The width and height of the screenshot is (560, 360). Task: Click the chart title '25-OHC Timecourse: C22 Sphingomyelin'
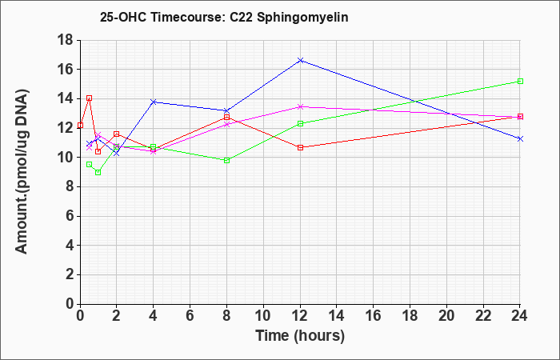tap(224, 17)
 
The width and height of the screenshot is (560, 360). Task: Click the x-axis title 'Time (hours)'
tap(300, 336)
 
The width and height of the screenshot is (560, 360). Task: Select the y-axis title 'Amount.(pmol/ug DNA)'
tap(22, 172)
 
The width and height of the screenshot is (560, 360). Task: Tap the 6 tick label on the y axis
tap(70, 216)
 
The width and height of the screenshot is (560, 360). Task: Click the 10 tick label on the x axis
tap(263, 315)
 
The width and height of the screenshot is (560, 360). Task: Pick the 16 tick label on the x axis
tap(374, 315)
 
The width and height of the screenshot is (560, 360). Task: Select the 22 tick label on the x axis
tap(483, 315)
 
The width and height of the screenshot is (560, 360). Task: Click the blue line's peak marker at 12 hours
tap(300, 60)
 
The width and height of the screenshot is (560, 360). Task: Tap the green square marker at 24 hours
tap(520, 81)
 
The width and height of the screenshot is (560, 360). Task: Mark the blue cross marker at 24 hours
tap(520, 138)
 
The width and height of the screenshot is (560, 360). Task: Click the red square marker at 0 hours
tap(80, 125)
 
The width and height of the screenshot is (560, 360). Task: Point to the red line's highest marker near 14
tap(90, 98)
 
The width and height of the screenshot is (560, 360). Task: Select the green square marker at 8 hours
tap(226, 160)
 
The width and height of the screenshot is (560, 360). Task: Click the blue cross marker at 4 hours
tap(154, 102)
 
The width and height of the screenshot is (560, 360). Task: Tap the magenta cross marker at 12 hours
tap(300, 106)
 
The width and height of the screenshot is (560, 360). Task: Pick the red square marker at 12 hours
tap(300, 147)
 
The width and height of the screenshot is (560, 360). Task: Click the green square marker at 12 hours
tap(300, 123)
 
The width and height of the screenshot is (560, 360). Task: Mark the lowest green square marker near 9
tap(98, 172)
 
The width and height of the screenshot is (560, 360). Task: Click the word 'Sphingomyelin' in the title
tap(302, 18)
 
